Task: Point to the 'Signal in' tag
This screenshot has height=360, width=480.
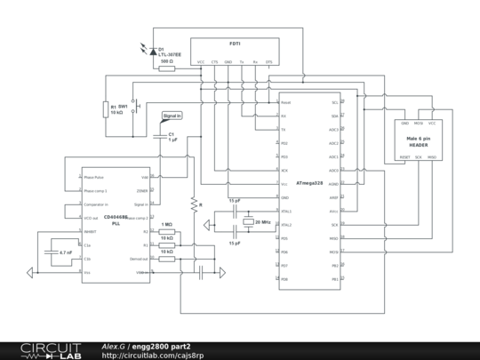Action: [172, 116]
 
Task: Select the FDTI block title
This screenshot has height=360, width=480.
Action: [235, 44]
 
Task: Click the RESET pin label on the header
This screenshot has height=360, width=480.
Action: [404, 156]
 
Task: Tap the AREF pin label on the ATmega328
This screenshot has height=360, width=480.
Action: [333, 197]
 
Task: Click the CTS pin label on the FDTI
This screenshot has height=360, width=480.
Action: [214, 62]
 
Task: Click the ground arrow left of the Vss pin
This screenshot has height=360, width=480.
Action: [33, 272]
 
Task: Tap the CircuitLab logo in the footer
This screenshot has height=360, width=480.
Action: [42, 350]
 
